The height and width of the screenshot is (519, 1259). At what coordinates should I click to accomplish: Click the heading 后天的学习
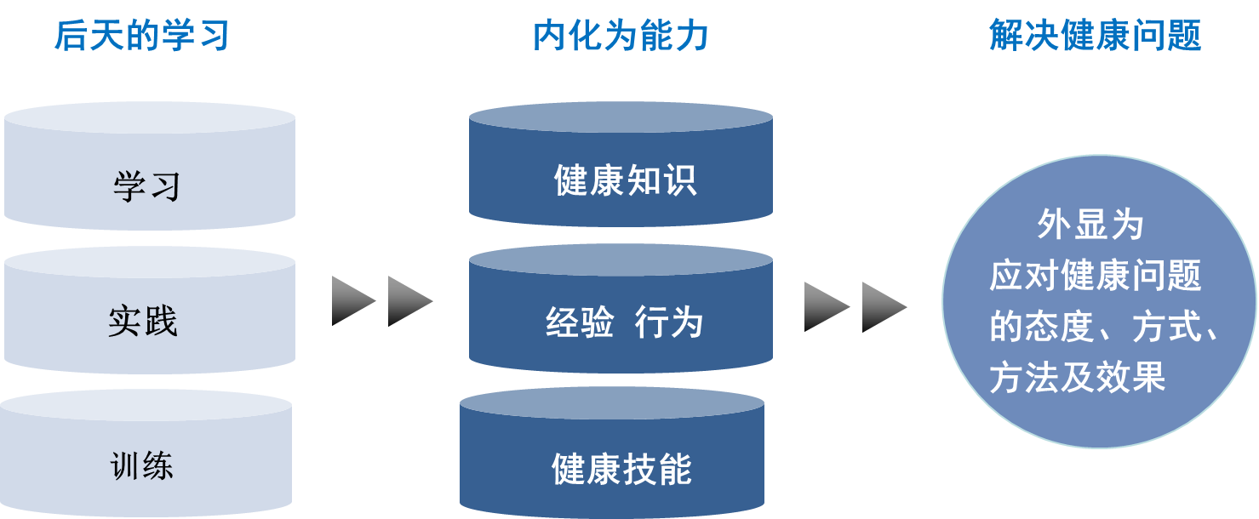[141, 36]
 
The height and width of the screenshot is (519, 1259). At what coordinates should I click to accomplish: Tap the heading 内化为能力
[621, 36]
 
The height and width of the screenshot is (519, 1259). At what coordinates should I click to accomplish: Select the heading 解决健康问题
[1096, 36]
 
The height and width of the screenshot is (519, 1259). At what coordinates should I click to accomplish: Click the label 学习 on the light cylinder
[147, 186]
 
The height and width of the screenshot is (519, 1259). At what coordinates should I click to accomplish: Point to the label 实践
[143, 322]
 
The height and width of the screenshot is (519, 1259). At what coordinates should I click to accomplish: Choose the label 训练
[141, 465]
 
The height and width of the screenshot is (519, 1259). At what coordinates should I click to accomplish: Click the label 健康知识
[626, 180]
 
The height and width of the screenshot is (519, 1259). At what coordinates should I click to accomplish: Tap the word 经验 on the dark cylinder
[580, 322]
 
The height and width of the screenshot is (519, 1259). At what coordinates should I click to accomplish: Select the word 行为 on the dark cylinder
[669, 322]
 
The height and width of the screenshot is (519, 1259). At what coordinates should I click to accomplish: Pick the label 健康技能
[621, 469]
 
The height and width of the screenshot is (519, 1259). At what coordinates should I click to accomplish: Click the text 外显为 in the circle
[1090, 224]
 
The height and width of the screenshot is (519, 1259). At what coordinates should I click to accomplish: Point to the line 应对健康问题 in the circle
[1096, 275]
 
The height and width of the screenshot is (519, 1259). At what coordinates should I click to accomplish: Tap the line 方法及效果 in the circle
[1078, 377]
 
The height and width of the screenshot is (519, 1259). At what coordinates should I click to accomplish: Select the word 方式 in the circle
[1166, 327]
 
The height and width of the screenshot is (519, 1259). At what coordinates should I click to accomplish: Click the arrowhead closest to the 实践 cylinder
[353, 301]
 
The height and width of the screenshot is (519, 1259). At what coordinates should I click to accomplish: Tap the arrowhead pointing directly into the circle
[884, 307]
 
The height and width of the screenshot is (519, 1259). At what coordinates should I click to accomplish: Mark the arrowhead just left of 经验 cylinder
[409, 301]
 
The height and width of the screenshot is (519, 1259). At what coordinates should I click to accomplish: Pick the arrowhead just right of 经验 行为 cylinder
[827, 307]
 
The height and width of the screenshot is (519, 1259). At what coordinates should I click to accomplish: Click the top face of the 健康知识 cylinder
[621, 117]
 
